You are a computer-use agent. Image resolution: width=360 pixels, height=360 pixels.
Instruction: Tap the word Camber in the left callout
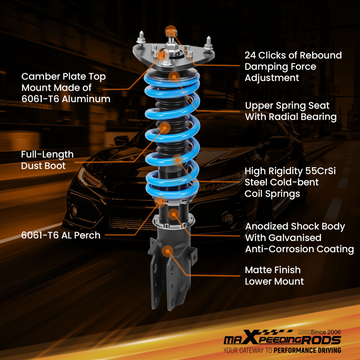point(39,76)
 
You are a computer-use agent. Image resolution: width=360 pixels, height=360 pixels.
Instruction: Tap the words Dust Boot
point(43,166)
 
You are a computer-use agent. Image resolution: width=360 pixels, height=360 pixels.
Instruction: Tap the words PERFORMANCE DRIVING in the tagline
point(307,350)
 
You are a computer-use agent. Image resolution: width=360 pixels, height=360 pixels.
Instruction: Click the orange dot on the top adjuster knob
point(171,31)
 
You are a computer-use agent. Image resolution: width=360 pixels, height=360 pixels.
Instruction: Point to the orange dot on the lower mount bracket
point(167,251)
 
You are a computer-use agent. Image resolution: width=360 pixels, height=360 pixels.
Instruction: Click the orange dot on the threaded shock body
point(174,215)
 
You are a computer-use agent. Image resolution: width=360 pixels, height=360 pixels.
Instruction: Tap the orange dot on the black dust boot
point(165,127)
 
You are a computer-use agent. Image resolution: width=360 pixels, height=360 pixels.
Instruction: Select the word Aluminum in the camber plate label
point(86,99)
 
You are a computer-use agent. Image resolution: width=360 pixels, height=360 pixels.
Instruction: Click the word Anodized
point(267,226)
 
